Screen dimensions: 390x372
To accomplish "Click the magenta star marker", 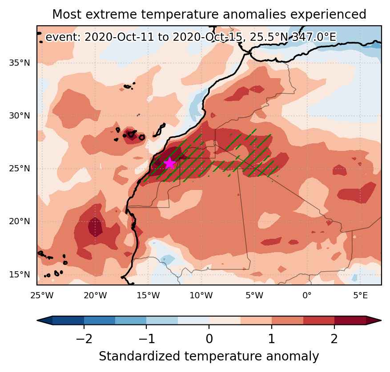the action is tap(169, 163).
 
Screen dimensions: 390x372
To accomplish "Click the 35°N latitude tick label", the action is tap(20, 63).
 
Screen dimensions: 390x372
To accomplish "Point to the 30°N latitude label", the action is tap(20, 116).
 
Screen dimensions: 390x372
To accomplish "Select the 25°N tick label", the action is tap(20, 169).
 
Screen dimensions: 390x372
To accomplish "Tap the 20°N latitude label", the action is tap(20, 221).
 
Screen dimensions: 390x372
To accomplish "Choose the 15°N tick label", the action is tap(20, 274).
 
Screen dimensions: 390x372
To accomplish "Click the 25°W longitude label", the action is tap(42, 295).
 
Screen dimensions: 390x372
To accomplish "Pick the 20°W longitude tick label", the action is tap(95, 295).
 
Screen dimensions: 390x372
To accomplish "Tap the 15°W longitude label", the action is tap(148, 295).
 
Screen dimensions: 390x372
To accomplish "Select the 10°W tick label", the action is tap(201, 295).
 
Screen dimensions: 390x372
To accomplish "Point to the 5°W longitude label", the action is tap(254, 295).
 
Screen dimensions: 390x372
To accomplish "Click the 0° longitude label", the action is tap(307, 295).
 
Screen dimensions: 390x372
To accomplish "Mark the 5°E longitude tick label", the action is tap(360, 295).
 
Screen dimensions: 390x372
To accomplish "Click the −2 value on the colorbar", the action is tap(84, 338).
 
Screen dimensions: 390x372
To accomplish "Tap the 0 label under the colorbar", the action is tap(209, 338).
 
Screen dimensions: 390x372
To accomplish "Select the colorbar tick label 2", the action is tap(334, 338).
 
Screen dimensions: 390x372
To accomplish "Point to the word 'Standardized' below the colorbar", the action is tap(139, 356).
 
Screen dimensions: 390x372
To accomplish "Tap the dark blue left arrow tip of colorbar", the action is tap(37, 321).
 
